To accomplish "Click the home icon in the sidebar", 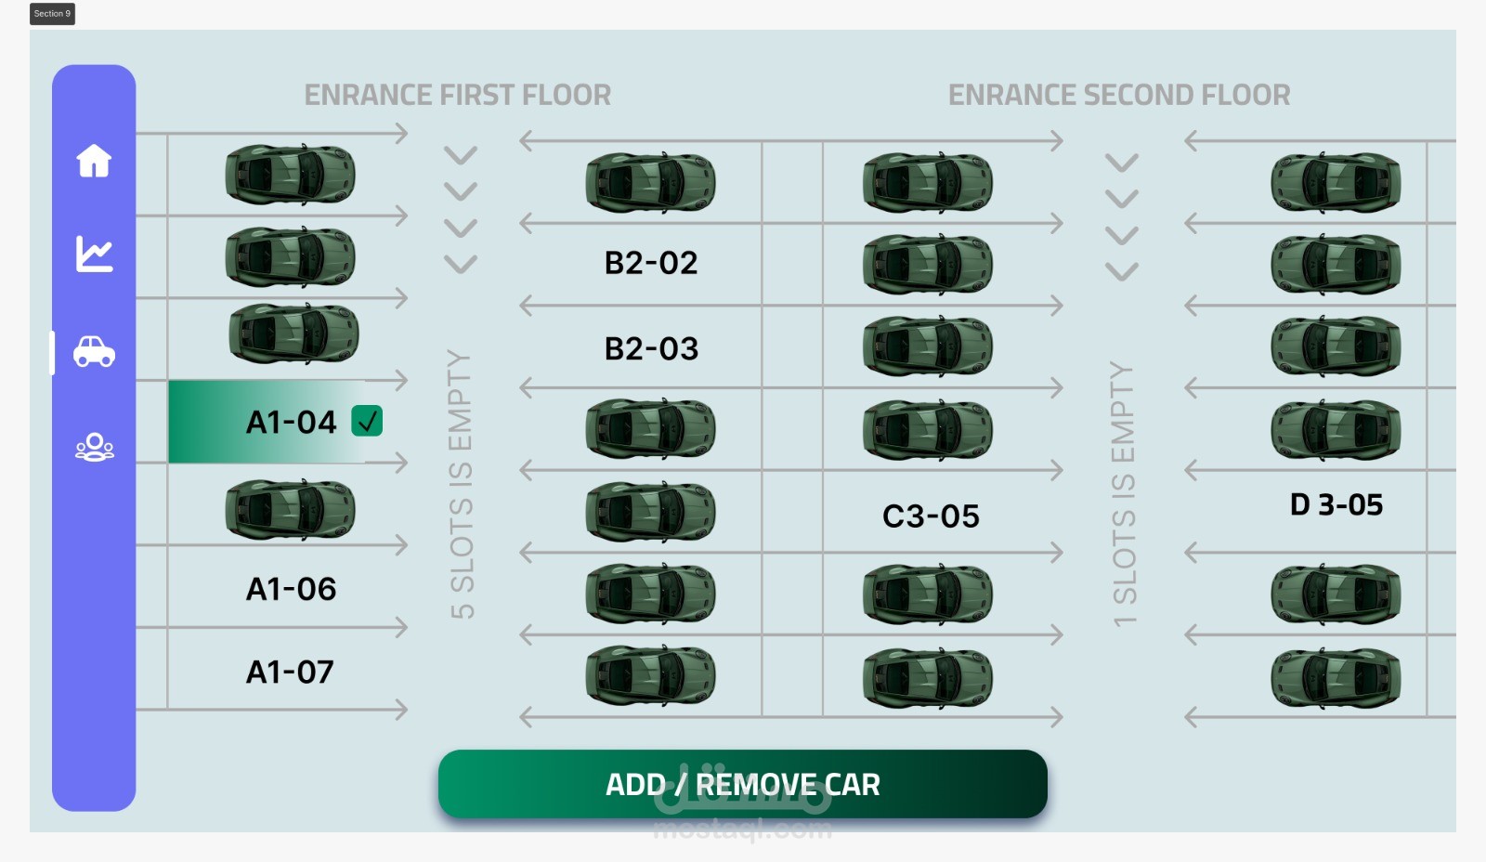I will pyautogui.click(x=94, y=161).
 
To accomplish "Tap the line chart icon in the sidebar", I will pyautogui.click(x=94, y=254).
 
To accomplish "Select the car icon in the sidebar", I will pyautogui.click(x=94, y=351).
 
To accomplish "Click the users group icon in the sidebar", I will pyautogui.click(x=94, y=448).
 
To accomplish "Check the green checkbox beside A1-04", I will pyautogui.click(x=367, y=422).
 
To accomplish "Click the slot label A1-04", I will pyautogui.click(x=291, y=423).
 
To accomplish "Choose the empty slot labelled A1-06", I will pyautogui.click(x=291, y=589).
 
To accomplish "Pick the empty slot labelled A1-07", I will pyautogui.click(x=290, y=672).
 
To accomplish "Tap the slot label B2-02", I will pyautogui.click(x=651, y=263).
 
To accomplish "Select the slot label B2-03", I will pyautogui.click(x=651, y=348).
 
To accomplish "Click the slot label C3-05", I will pyautogui.click(x=931, y=516).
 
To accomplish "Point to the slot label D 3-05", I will pyautogui.click(x=1336, y=504).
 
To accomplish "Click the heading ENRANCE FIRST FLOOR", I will pyautogui.click(x=458, y=95).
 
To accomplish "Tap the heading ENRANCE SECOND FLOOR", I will pyautogui.click(x=1119, y=95).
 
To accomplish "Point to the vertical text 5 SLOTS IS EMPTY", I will pyautogui.click(x=462, y=484).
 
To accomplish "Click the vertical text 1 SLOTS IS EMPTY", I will pyautogui.click(x=1123, y=493).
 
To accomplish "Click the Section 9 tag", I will pyautogui.click(x=52, y=14).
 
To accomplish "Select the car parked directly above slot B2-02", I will pyautogui.click(x=650, y=182).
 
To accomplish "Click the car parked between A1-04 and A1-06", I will pyautogui.click(x=290, y=509).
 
